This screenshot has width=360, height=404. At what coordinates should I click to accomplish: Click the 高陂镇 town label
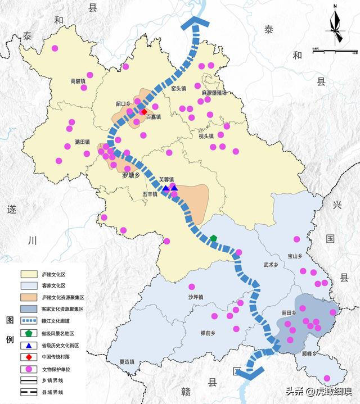pos(78,81)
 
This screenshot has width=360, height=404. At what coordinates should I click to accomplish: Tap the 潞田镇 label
pos(82,143)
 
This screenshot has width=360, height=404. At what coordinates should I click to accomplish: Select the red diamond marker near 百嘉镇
pos(144,111)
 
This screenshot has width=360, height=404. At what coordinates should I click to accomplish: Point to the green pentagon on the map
pos(213,238)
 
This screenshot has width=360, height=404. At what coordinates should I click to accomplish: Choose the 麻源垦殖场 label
pos(214,93)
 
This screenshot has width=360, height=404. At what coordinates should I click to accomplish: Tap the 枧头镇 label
pos(206,136)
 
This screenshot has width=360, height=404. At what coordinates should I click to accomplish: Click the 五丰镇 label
pos(150,194)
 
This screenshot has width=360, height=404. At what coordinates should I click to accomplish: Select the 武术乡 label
pos(271,265)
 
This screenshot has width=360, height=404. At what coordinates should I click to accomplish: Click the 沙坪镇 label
pos(196,297)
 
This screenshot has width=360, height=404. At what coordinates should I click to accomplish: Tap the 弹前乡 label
pos(208,333)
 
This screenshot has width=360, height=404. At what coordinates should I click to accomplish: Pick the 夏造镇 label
pos(127,362)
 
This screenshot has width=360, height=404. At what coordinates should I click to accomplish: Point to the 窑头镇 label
pos(178,88)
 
